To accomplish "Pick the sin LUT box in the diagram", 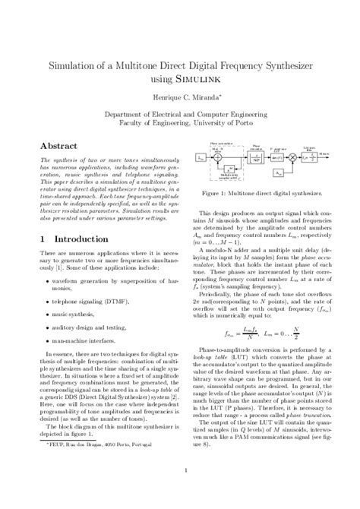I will coord(270,157).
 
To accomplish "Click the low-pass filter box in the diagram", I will coord(310,157).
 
